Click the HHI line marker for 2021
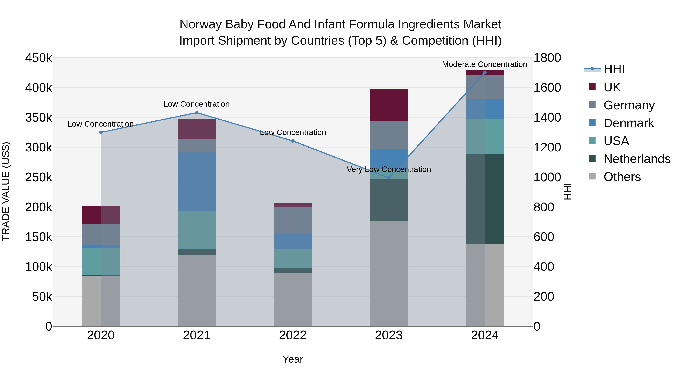pos(197,113)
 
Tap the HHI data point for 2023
pos(389,178)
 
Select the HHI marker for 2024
pos(485,72)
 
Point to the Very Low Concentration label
pos(389,169)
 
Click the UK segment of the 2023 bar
pos(389,105)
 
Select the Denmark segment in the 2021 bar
pos(197,182)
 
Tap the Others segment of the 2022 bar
pos(293,299)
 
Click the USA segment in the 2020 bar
pos(100,261)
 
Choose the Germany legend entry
pos(629,105)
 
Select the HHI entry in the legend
pos(614,69)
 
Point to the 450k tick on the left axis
pos(39,58)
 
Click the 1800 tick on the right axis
pos(547,58)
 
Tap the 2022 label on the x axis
pos(293,335)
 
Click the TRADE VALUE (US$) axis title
pos(6,191)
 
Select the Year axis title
pos(293,359)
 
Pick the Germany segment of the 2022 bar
pos(293,220)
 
